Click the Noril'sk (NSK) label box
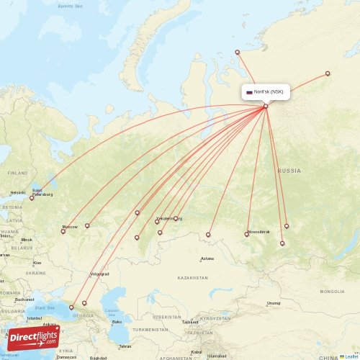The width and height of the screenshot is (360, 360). [266, 92]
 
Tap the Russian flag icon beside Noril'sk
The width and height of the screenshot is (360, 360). [249, 92]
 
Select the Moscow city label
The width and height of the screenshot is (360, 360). [70, 227]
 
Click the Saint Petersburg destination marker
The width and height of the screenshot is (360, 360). [32, 198]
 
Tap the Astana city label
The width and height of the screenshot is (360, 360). [207, 258]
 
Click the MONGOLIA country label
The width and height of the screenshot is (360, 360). [332, 291]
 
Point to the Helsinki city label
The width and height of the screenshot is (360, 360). [17, 192]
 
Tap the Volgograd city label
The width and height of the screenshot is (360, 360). [99, 274]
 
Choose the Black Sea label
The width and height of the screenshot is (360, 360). [44, 307]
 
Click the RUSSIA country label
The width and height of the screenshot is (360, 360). [289, 171]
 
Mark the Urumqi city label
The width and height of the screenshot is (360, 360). [273, 303]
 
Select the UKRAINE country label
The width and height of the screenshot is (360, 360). [35, 273]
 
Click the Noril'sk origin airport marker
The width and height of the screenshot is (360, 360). [266, 107]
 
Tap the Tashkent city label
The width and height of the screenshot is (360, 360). [190, 322]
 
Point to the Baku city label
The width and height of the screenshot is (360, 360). [127, 322]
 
